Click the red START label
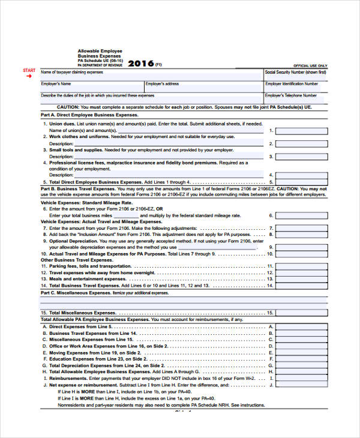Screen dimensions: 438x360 click(29, 71)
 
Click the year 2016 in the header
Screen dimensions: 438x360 click(141, 63)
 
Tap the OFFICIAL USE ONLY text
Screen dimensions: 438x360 click(310, 65)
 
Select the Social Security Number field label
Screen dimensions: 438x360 click(296, 72)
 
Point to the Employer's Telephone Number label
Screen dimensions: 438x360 click(291, 95)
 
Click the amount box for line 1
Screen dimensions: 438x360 click(301, 130)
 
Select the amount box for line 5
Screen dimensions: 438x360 click(301, 182)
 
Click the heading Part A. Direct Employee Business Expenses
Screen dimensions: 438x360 click(89, 115)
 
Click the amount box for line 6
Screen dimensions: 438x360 click(301, 215)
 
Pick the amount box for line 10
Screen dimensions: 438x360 click(301, 254)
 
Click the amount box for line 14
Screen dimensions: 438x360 click(301, 286)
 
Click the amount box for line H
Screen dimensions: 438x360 click(301, 372)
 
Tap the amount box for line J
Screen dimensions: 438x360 click(301, 385)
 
